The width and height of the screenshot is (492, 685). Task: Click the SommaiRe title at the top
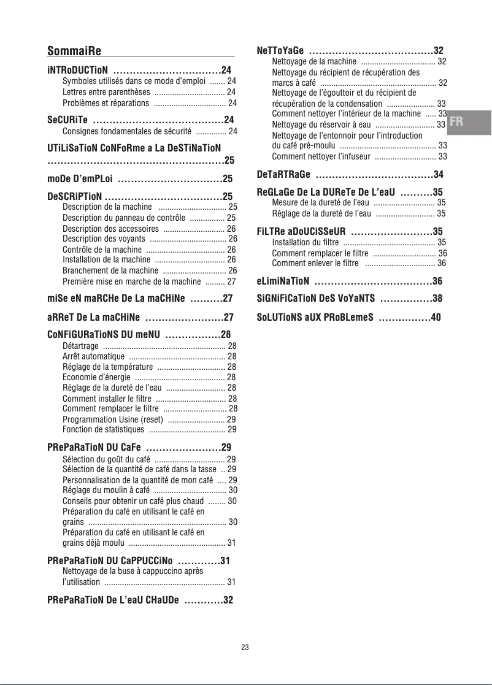pyautogui.click(x=74, y=50)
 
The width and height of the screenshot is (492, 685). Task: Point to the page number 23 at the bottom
pyautogui.click(x=245, y=648)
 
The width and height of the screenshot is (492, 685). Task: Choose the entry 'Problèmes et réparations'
pyautogui.click(x=106, y=103)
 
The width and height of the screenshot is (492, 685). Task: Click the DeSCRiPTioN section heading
pyautogui.click(x=74, y=197)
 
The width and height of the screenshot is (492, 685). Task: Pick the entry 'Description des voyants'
pyautogui.click(x=104, y=239)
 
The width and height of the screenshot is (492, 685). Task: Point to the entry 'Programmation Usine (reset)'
pyautogui.click(x=112, y=419)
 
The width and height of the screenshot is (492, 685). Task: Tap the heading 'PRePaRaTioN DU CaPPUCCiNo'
pyautogui.click(x=110, y=561)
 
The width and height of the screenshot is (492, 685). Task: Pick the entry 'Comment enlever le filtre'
pyautogui.click(x=315, y=264)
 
